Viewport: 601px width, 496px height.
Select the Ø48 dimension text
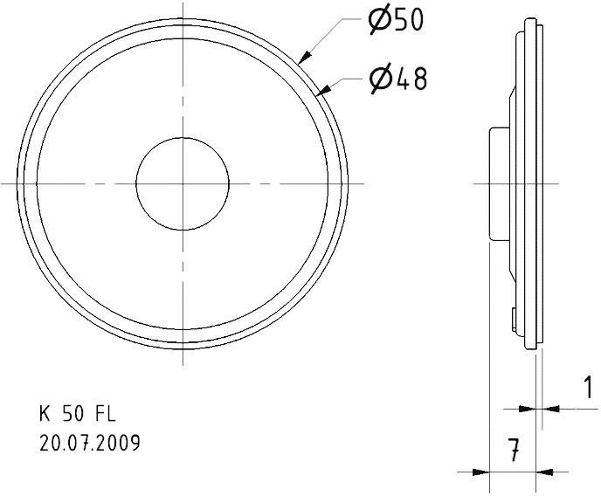point(398,79)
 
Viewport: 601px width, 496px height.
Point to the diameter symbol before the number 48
point(381,79)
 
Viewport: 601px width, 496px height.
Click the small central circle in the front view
point(183,183)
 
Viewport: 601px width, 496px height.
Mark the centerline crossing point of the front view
point(183,183)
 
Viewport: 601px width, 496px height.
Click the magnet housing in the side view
point(497,183)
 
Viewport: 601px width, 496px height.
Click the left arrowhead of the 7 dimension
point(481,472)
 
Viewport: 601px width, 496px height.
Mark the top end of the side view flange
point(532,19)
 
